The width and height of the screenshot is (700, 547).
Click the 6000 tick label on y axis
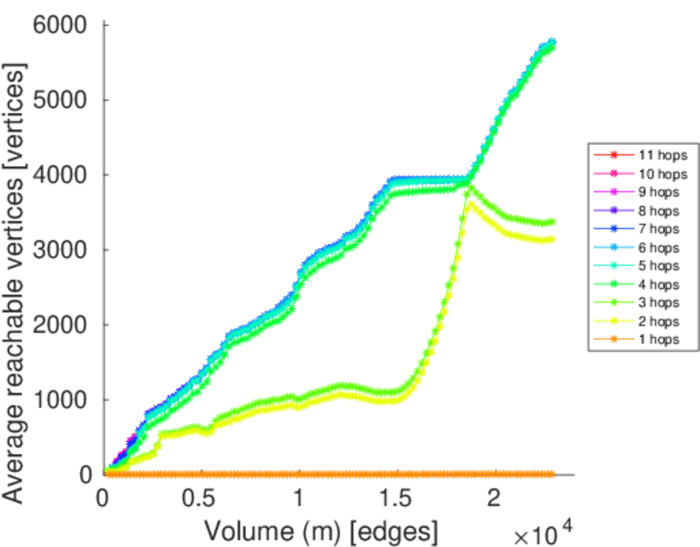pos(61,25)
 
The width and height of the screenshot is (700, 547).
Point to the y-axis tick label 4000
pos(61,175)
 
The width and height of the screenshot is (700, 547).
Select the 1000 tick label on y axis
pos(61,399)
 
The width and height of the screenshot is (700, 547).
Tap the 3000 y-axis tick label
pos(61,250)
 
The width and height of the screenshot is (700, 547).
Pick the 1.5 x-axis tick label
pos(396,501)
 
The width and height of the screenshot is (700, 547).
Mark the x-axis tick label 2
pos(494,501)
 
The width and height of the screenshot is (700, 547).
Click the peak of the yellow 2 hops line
pos(469,203)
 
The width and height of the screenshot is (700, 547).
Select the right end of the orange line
pos(552,474)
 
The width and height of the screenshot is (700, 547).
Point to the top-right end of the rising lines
pos(551,42)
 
